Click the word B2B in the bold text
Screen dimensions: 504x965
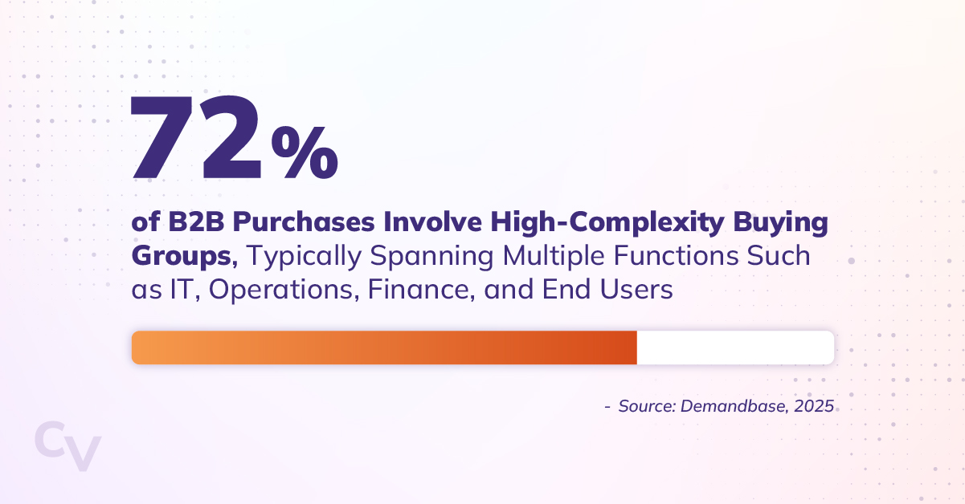[x=189, y=222]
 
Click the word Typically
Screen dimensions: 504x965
[x=309, y=258]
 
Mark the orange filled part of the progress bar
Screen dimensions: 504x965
[x=384, y=348]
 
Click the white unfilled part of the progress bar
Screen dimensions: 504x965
[x=735, y=348]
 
